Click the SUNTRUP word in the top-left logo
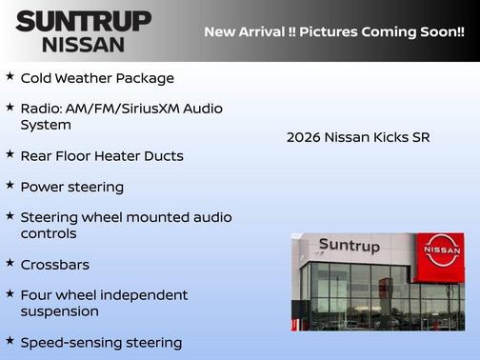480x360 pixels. tap(83, 21)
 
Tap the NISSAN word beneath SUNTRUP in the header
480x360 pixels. tap(83, 44)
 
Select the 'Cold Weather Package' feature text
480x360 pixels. tap(97, 78)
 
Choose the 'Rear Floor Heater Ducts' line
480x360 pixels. tap(102, 155)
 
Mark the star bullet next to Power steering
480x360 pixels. tap(10, 185)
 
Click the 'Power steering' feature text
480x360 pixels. tap(72, 187)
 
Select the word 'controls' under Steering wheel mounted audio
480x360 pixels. tap(49, 233)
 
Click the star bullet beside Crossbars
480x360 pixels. tap(10, 262)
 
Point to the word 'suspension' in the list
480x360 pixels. tap(59, 310)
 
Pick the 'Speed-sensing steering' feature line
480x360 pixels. tap(101, 342)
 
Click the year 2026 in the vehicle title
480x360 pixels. tap(303, 137)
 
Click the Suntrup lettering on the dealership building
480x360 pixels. tap(349, 246)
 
